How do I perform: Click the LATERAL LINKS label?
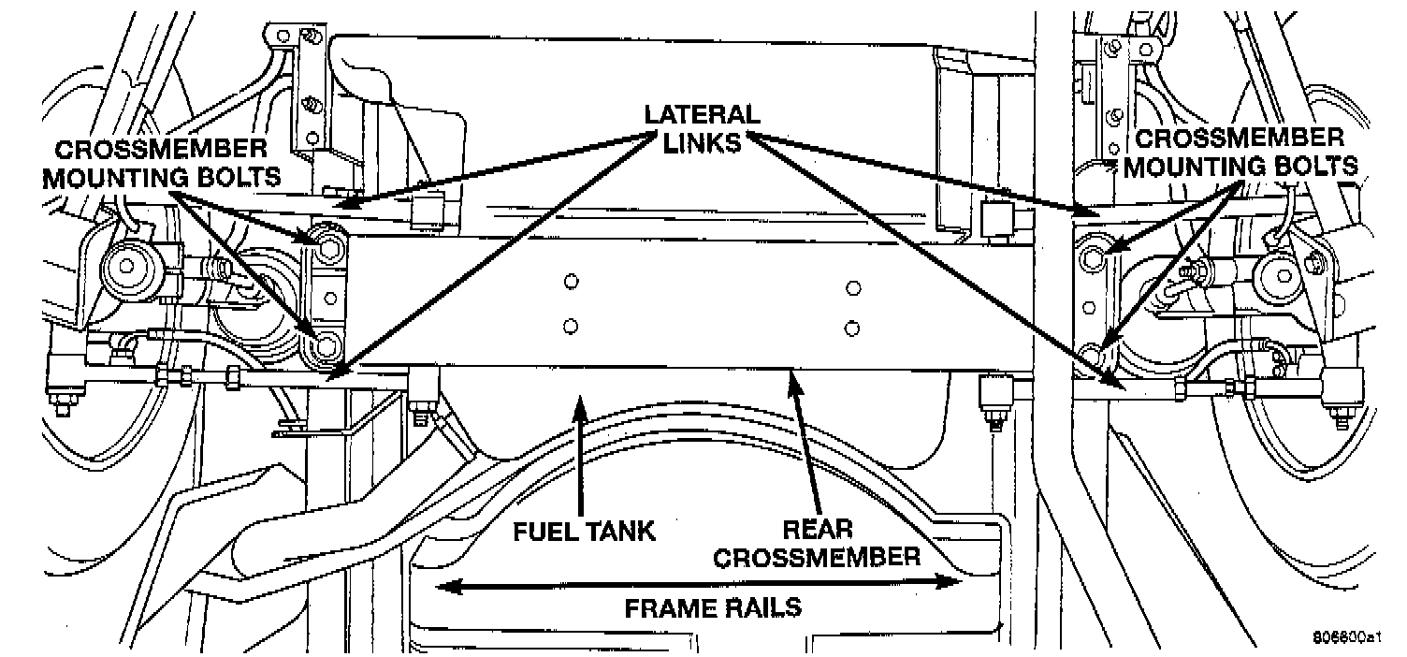click(702, 129)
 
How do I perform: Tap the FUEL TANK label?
click(584, 532)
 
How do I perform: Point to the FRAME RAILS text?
click(713, 607)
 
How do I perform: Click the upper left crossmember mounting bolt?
click(326, 248)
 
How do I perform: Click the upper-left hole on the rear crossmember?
click(571, 281)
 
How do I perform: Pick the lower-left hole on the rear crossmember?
click(571, 327)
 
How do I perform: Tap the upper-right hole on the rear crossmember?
click(852, 285)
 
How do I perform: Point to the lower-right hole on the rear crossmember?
click(851, 328)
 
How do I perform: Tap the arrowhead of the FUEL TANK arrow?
click(581, 405)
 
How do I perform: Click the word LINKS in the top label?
click(702, 142)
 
